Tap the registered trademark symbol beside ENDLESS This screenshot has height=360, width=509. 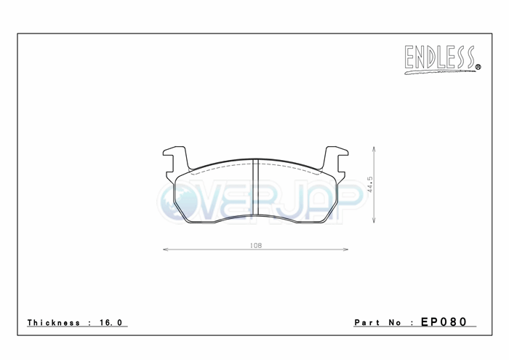pyautogui.click(x=478, y=67)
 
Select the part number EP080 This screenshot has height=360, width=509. pyautogui.click(x=444, y=321)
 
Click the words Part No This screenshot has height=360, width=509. pyautogui.click(x=378, y=322)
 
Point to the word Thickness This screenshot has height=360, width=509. pyautogui.click(x=54, y=322)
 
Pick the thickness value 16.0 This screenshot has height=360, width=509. pyautogui.click(x=111, y=322)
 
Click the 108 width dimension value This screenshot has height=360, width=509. pyautogui.click(x=256, y=246)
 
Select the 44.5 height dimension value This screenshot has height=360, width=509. pyautogui.click(x=370, y=185)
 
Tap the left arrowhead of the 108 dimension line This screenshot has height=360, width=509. pyautogui.click(x=165, y=249)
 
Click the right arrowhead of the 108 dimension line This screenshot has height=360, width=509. pyautogui.click(x=345, y=249)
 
